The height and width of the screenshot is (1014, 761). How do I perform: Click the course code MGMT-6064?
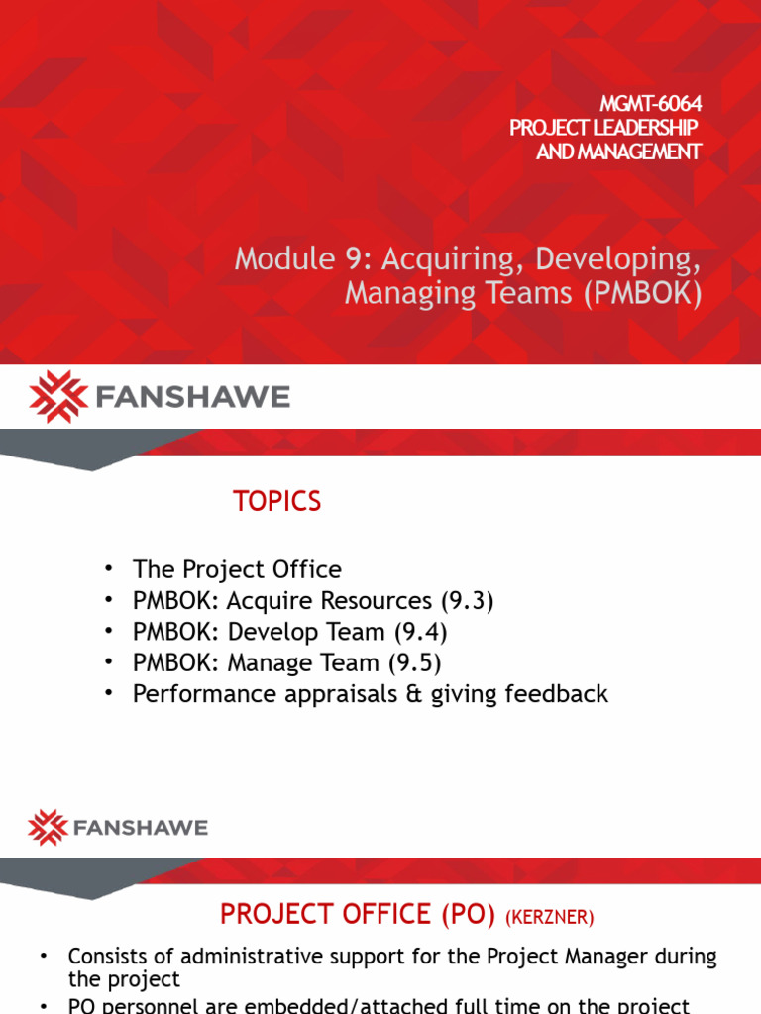click(651, 104)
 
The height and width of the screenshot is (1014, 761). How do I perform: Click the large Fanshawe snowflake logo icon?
click(59, 397)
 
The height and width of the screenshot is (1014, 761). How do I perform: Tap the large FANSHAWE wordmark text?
click(194, 398)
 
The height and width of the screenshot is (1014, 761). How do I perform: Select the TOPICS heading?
click(277, 502)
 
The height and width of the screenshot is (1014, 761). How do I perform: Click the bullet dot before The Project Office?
click(109, 569)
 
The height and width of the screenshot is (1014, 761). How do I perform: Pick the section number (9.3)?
click(466, 600)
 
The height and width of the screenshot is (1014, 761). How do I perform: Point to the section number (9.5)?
click(412, 662)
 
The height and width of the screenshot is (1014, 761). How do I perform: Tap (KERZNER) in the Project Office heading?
click(549, 918)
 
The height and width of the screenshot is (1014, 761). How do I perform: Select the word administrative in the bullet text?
click(227, 957)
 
